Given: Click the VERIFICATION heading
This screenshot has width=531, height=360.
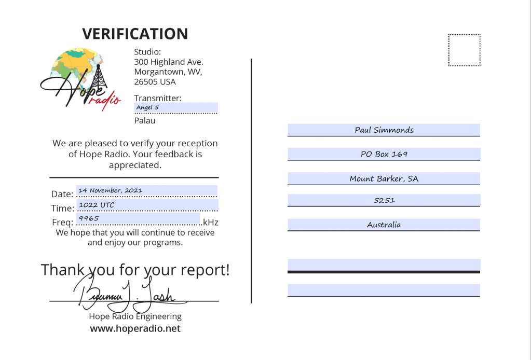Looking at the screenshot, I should [135, 34].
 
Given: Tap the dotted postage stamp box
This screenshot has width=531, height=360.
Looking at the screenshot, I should [464, 50].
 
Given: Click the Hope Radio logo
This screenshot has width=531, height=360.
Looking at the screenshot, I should [80, 78].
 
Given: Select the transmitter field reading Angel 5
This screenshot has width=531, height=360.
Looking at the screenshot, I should [148, 108].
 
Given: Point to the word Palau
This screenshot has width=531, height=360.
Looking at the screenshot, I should [145, 121].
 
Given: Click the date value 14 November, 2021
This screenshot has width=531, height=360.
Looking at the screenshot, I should [110, 190].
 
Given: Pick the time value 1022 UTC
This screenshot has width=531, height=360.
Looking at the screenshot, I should [97, 205].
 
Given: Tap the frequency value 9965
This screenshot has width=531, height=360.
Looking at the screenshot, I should [89, 219].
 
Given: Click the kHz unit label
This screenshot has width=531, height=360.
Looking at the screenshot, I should [211, 223].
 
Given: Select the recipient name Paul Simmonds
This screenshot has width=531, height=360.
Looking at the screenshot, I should [384, 130].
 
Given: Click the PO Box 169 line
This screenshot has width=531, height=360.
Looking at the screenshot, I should [384, 154].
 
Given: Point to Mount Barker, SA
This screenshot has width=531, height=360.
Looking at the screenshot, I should [384, 179].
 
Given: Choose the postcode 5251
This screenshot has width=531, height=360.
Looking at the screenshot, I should [384, 200].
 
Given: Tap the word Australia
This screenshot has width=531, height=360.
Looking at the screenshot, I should [384, 225].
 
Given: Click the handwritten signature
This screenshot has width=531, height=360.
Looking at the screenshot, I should [127, 294].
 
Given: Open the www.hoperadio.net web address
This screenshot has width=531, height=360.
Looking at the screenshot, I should [135, 329].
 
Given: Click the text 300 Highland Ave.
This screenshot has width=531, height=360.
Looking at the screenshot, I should [169, 62].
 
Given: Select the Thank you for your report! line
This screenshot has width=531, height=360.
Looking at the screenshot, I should [135, 270].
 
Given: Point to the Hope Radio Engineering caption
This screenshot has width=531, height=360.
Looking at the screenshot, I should [135, 316].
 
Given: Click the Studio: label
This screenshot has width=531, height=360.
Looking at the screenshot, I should [147, 52].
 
